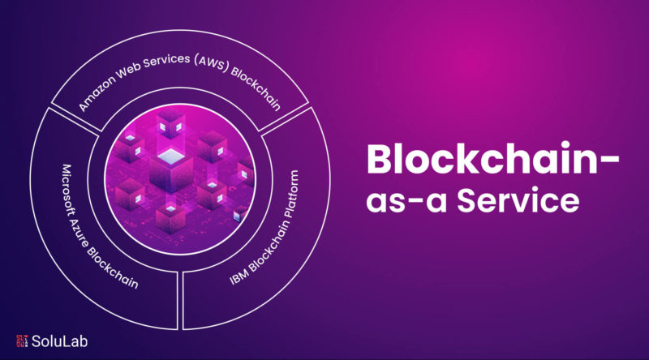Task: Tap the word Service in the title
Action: tap(518, 199)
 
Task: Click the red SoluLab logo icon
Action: tap(23, 341)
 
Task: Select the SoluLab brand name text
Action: tap(59, 341)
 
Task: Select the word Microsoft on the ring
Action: tap(67, 189)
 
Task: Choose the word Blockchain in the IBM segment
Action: tap(265, 245)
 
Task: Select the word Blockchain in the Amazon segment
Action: tap(256, 88)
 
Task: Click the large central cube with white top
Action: tap(171, 170)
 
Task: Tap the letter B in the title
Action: tap(379, 159)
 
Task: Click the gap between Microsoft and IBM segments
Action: tap(180, 300)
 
